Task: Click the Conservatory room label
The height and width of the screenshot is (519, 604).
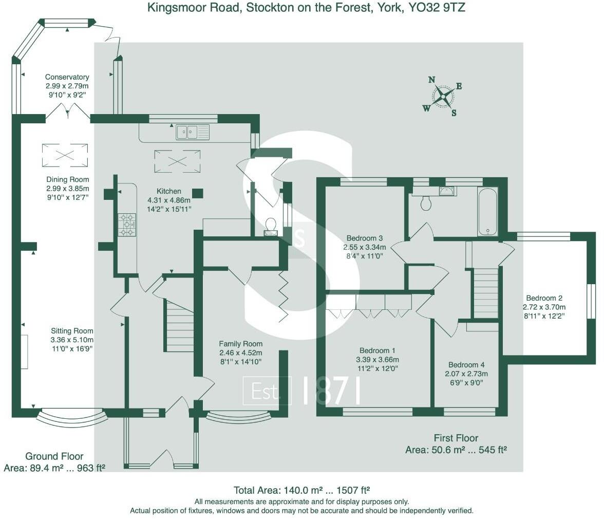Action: pyautogui.click(x=67, y=77)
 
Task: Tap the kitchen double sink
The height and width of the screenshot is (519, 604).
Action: pyautogui.click(x=193, y=132)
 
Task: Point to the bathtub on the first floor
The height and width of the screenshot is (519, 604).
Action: pyautogui.click(x=487, y=211)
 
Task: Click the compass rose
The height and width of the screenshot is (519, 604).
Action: pyautogui.click(x=443, y=96)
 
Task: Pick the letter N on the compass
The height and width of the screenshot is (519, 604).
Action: pyautogui.click(x=432, y=80)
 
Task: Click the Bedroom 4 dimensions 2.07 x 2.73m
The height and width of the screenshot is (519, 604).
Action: pyautogui.click(x=467, y=374)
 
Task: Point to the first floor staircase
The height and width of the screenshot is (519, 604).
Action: pyautogui.click(x=485, y=293)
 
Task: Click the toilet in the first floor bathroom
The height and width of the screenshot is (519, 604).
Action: pyautogui.click(x=426, y=203)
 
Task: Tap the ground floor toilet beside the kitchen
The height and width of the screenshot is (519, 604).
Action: pyautogui.click(x=270, y=226)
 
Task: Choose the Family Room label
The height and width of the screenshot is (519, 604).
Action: pyautogui.click(x=240, y=344)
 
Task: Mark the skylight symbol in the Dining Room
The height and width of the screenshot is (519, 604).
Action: pyautogui.click(x=65, y=155)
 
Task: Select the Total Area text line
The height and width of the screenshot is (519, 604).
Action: pyautogui.click(x=301, y=490)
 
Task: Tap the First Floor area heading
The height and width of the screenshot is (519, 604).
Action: pyautogui.click(x=456, y=438)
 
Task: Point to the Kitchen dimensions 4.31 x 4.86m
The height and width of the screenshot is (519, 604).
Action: pyautogui.click(x=169, y=200)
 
